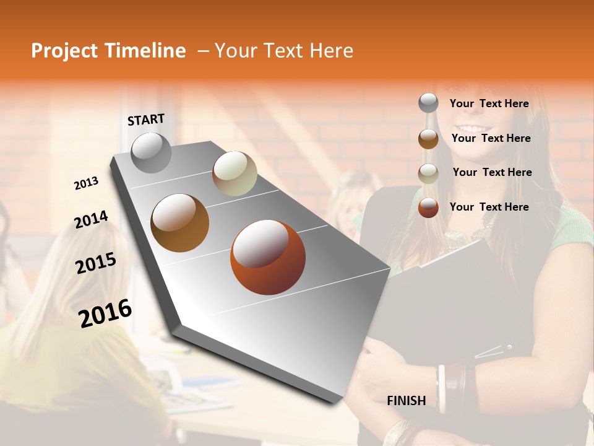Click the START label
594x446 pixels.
click(146, 120)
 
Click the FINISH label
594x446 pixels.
click(406, 401)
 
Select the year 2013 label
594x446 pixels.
click(86, 183)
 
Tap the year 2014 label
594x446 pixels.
click(91, 220)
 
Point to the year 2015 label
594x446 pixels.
click(95, 263)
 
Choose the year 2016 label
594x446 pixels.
click(105, 313)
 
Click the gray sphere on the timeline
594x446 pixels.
click(151, 152)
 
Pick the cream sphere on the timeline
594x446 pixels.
click(235, 173)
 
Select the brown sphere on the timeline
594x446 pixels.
click(179, 223)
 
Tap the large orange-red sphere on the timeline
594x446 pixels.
click(267, 257)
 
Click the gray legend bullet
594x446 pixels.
click(428, 103)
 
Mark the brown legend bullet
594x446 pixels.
click(428, 139)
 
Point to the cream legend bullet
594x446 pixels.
click(428, 173)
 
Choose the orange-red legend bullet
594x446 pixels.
click(428, 208)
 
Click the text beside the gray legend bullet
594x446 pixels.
click(489, 103)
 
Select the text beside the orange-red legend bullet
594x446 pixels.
click(489, 207)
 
